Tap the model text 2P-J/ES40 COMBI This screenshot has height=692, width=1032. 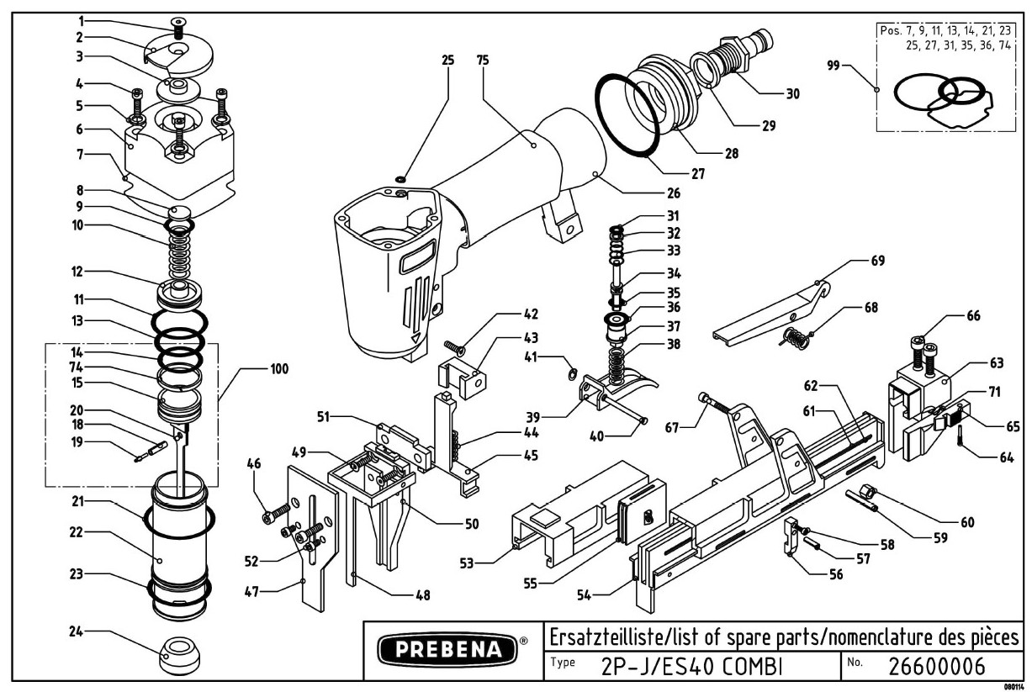click(692, 665)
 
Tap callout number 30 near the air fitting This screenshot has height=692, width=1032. click(792, 93)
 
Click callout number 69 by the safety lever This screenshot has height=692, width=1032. click(877, 261)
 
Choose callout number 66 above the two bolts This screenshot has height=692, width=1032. click(973, 315)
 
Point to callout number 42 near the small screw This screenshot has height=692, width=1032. click(529, 315)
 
